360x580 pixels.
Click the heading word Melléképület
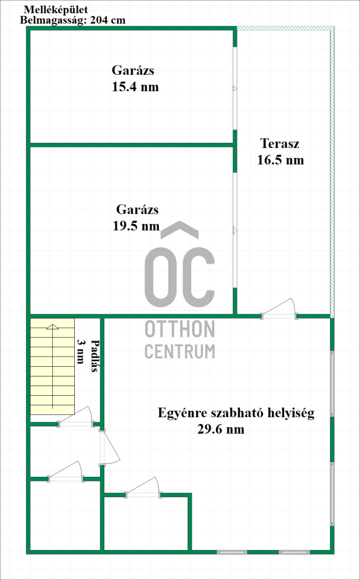click(50, 10)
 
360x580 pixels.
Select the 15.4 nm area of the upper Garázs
click(135, 87)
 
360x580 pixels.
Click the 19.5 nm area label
click(136, 226)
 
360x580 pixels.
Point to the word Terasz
click(279, 143)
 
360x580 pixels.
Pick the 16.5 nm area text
click(281, 160)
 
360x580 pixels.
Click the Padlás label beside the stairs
click(94, 356)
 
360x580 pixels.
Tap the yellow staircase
click(52, 367)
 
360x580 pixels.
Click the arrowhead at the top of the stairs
click(53, 326)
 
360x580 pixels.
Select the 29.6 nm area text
click(221, 429)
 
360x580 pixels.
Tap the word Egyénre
click(176, 413)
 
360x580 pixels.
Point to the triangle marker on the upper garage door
click(235, 88)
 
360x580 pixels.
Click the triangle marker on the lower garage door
click(235, 230)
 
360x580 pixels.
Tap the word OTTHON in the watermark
click(180, 329)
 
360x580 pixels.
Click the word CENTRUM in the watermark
click(180, 350)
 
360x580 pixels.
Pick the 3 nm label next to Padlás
click(80, 351)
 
